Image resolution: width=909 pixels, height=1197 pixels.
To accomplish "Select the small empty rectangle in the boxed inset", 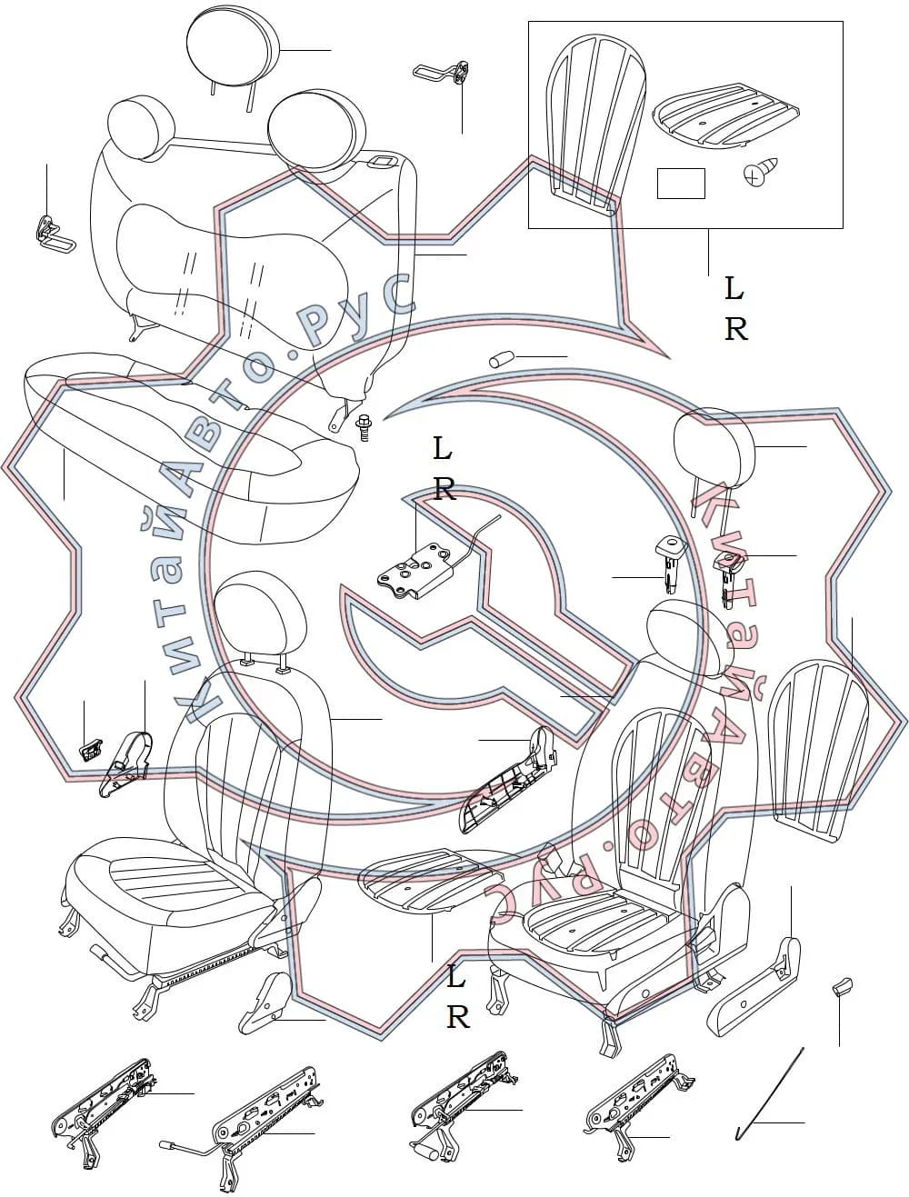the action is pyautogui.click(x=681, y=184).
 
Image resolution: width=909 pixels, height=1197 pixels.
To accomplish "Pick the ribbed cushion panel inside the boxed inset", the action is pyautogui.click(x=725, y=116).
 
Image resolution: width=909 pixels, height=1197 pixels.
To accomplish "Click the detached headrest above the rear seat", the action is pyautogui.click(x=234, y=55).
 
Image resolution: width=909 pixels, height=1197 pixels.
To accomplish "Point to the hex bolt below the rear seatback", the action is pyautogui.click(x=364, y=427).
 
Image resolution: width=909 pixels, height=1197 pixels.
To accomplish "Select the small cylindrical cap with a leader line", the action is pyautogui.click(x=502, y=360).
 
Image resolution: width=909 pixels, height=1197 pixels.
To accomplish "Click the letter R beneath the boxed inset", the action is pyautogui.click(x=735, y=329).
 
